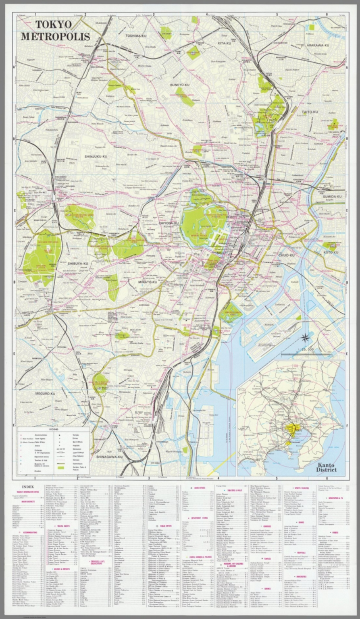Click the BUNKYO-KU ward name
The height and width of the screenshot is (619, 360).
(x=179, y=85)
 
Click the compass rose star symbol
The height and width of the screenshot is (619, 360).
(x=306, y=338)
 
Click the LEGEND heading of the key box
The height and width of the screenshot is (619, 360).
(x=54, y=430)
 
